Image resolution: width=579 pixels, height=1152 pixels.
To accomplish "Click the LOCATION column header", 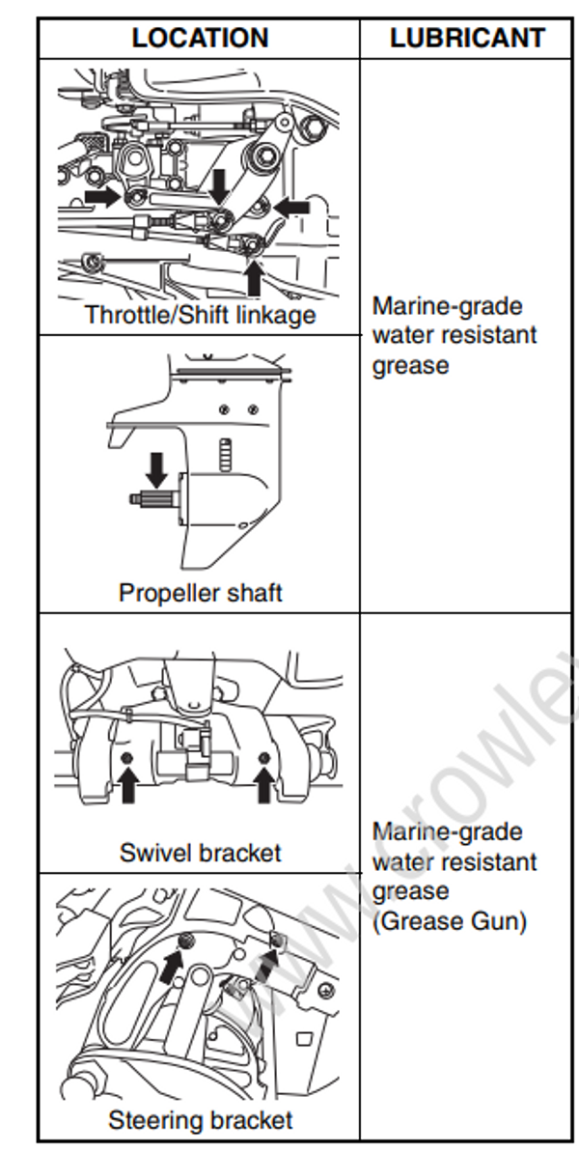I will (200, 39).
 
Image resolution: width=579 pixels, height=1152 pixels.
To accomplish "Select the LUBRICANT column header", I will (467, 39).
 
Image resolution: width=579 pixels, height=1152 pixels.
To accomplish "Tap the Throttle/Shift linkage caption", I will (200, 315).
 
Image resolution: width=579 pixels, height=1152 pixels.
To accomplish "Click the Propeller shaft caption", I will (201, 592).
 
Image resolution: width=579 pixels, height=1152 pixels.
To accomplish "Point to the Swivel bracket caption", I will (201, 853).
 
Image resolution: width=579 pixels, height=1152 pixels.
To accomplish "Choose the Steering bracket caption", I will (200, 1120).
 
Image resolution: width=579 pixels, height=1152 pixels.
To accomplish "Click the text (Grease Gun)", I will (450, 921).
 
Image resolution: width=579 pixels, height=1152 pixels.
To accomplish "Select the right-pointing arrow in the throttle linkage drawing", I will (102, 197).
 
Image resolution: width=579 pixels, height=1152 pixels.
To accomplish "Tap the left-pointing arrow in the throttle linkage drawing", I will (291, 206).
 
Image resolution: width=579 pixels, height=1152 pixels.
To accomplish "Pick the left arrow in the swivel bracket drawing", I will (127, 785).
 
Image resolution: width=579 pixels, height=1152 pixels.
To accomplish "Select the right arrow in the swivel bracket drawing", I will (263, 785).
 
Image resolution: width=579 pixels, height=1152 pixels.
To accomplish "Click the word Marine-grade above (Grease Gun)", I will (448, 831).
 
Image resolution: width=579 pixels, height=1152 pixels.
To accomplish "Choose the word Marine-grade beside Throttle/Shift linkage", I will (448, 306).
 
